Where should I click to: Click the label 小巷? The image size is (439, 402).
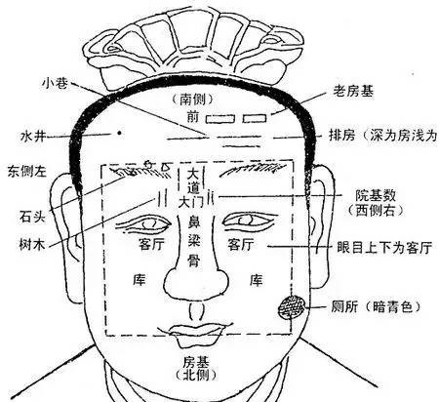pos(55,83)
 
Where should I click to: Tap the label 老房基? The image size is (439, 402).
pos(353,91)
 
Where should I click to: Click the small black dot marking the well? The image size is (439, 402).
pos(120,133)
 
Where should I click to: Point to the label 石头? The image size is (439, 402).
pos(32,217)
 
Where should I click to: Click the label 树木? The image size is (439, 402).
pos(32,244)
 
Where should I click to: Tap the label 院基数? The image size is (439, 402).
pos(376,196)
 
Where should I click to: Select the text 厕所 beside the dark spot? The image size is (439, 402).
pos(344,306)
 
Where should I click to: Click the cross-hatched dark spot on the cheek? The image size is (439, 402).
pos(292,307)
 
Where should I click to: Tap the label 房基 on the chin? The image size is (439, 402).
pos(195,362)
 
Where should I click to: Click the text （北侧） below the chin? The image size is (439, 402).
pos(195,376)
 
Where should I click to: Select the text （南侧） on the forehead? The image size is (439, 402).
pos(192,100)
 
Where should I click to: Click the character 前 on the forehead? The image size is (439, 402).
pos(192,116)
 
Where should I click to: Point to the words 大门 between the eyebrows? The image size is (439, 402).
pos(191,202)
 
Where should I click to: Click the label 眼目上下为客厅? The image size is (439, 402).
pos(384,248)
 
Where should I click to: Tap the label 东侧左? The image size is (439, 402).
pos(27,172)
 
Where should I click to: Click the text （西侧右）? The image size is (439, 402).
pos(376,211)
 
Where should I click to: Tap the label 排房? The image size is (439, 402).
pos(342,135)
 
